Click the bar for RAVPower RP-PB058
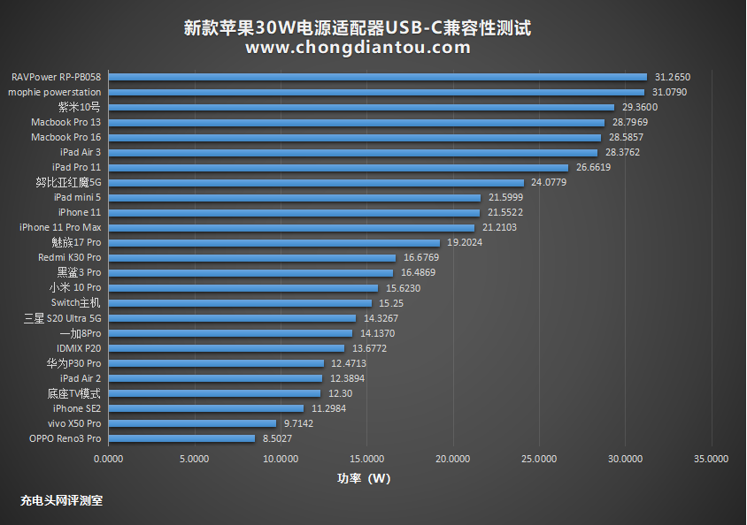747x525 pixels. tap(378, 77)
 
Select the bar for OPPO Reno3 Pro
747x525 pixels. tap(181, 438)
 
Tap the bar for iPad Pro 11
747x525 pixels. tap(338, 167)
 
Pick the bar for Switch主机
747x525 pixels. tap(240, 303)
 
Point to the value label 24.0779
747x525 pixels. tap(549, 182)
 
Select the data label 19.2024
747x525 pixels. tap(465, 242)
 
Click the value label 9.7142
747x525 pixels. tap(298, 423)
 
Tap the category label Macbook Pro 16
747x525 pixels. tap(65, 137)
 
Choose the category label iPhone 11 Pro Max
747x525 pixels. tap(60, 227)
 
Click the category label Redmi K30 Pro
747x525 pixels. tap(69, 257)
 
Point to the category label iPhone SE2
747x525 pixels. tap(77, 408)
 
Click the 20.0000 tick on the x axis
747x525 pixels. tap(453, 459)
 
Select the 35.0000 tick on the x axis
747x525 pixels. tap(712, 459)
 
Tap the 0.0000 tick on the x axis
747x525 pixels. tap(108, 459)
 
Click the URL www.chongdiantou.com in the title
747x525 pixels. tap(358, 48)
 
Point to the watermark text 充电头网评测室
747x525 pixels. tap(61, 500)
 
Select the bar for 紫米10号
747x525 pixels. tap(361, 107)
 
